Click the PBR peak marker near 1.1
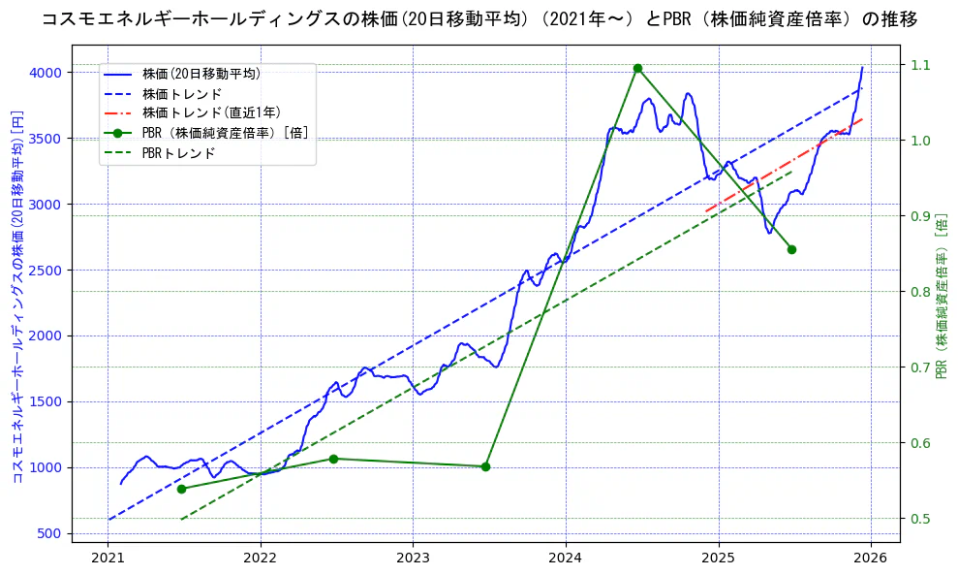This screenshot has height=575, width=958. coord(637,68)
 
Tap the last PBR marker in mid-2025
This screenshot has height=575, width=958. coord(791,249)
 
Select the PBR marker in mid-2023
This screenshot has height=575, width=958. coord(485,466)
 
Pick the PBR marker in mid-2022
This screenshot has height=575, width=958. coord(333,459)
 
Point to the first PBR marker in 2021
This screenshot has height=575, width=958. coord(181,489)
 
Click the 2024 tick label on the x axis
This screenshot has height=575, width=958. coord(565,558)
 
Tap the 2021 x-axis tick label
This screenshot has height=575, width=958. coord(108,558)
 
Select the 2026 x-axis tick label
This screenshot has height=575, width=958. coord(870,558)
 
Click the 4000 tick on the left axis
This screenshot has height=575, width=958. coord(47,73)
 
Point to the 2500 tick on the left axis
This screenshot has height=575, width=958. coord(47,271)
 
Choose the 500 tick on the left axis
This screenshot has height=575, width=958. coord(51,533)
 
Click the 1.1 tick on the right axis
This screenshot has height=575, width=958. coord(919,65)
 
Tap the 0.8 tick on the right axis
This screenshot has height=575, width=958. coord(919,292)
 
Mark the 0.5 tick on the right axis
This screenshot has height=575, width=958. coord(919,519)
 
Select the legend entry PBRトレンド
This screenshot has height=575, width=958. coord(178,153)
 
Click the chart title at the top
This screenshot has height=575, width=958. coord(479,19)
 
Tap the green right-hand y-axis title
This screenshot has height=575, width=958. coord(942,296)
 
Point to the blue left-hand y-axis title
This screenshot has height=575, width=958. coord(17,296)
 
